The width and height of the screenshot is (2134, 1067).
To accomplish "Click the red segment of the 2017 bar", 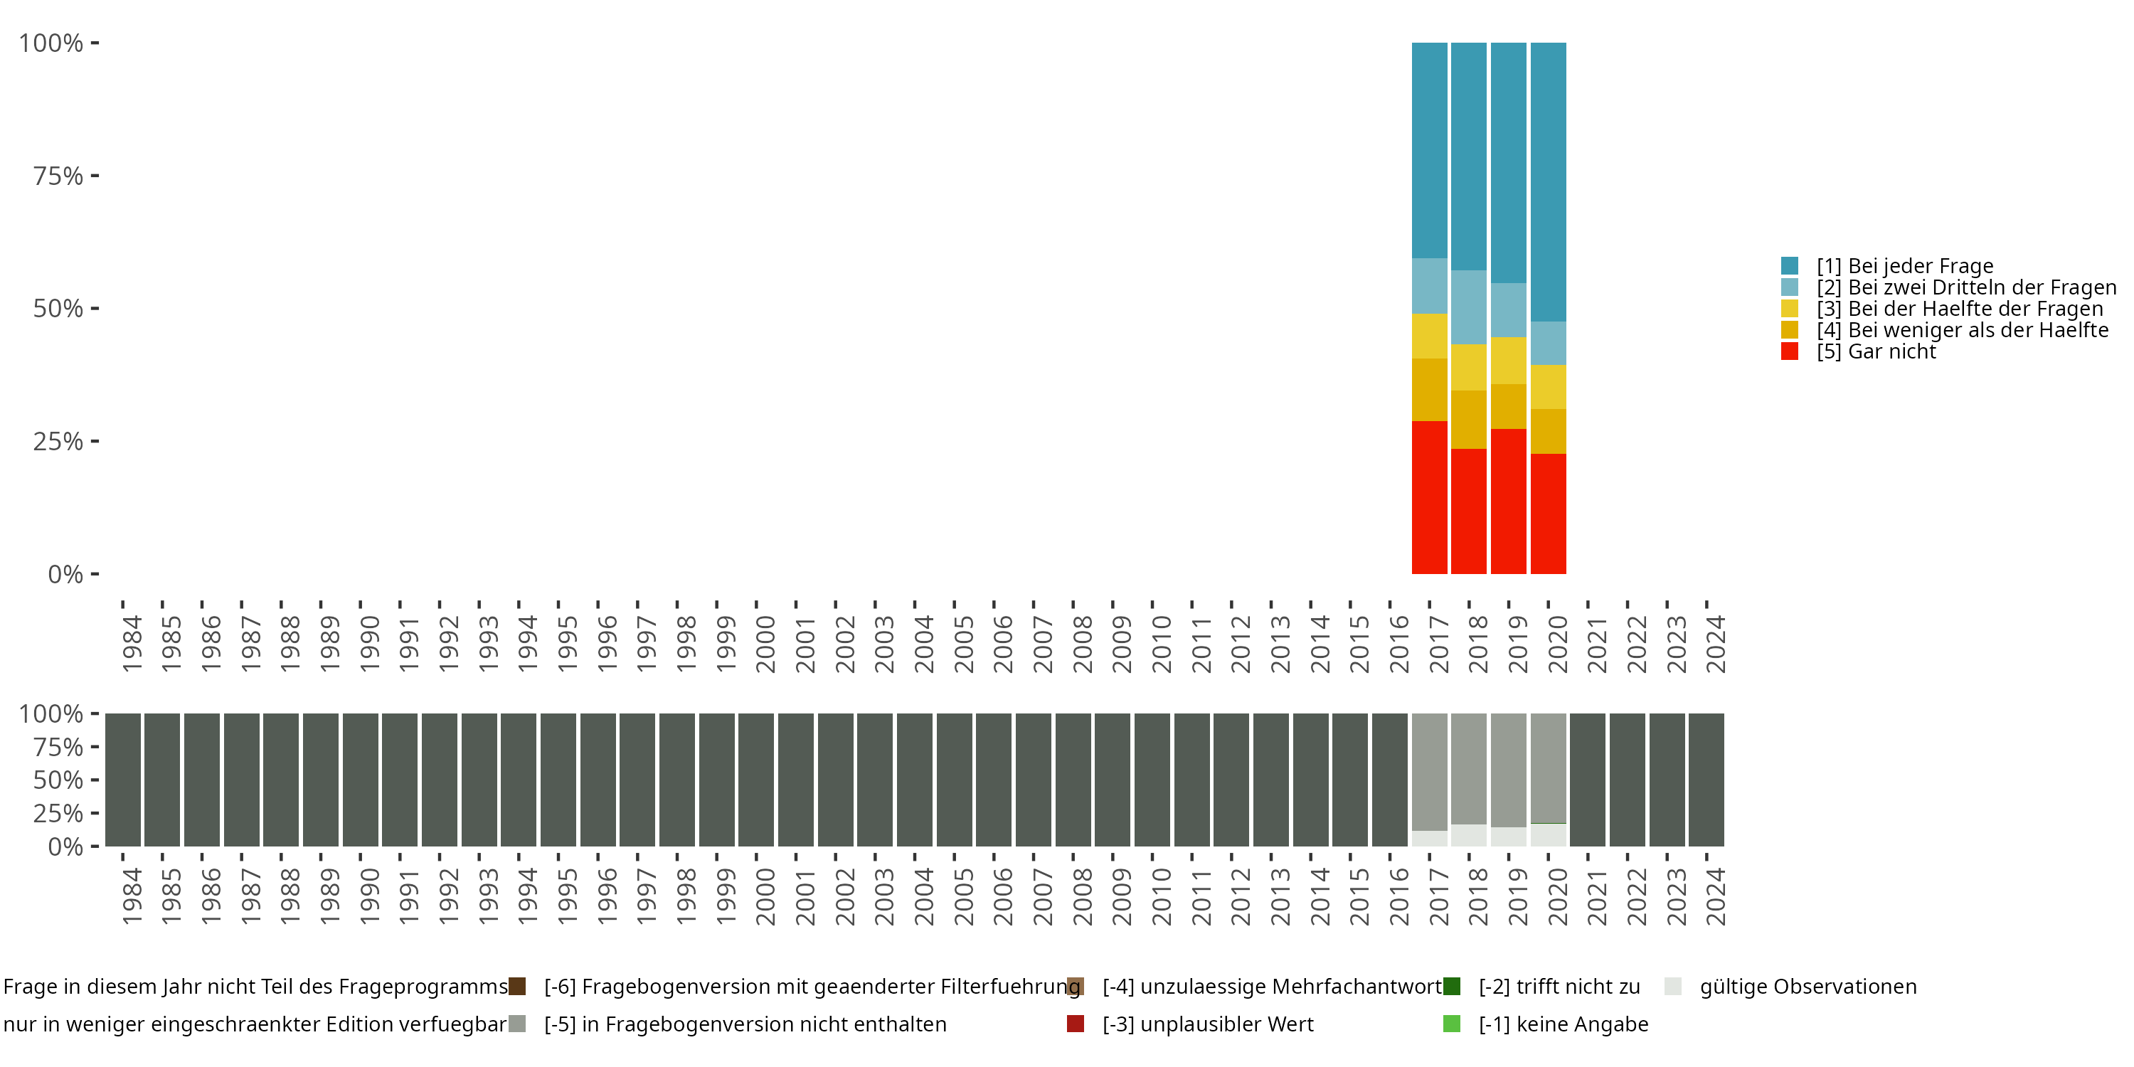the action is [1429, 497].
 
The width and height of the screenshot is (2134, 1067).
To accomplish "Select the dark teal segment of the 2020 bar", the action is [1549, 182].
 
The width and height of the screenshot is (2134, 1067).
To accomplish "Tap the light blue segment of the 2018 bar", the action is [1469, 307].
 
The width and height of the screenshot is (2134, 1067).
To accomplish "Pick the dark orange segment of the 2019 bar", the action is [1509, 407].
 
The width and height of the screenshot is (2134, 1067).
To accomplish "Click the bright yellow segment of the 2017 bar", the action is [1429, 336].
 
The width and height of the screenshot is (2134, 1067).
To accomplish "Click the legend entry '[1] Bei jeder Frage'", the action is [1887, 266].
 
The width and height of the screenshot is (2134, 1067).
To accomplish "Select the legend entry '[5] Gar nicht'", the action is [1858, 352].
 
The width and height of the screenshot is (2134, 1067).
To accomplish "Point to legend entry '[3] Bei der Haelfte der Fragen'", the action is [1942, 309].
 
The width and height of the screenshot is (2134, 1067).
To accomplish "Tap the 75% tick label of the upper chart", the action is [58, 176].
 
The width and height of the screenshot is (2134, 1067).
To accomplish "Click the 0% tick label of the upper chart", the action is [65, 574].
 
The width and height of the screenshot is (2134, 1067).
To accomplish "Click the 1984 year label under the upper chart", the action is [132, 643].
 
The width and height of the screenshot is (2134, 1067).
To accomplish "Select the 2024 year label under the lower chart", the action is [1715, 896].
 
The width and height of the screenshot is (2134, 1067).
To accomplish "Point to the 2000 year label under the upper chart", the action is [765, 643].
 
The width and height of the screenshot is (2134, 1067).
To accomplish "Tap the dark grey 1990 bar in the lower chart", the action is [361, 780].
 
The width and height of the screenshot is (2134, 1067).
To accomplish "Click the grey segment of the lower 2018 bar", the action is [1469, 769].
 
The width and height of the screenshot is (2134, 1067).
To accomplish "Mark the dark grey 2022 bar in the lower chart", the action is [1627, 780].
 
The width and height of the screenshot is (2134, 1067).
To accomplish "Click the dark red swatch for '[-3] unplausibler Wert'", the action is [1076, 1024].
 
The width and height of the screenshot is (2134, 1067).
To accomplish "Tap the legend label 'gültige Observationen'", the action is [1808, 987].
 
